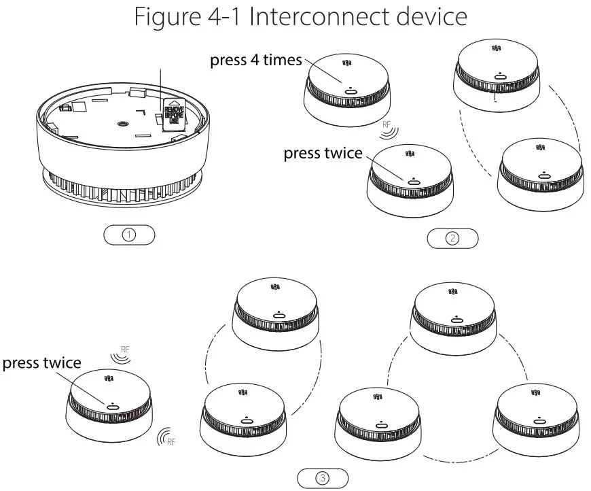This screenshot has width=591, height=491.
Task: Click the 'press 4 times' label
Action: (x=255, y=61)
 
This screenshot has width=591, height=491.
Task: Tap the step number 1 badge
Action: (x=129, y=235)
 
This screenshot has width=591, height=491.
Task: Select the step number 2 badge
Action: (x=452, y=238)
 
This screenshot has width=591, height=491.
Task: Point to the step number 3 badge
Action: (x=323, y=477)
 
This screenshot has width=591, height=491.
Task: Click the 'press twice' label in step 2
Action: (x=323, y=153)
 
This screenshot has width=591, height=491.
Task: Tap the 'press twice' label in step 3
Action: (x=41, y=362)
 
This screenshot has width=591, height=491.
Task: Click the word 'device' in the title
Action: (x=424, y=16)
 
